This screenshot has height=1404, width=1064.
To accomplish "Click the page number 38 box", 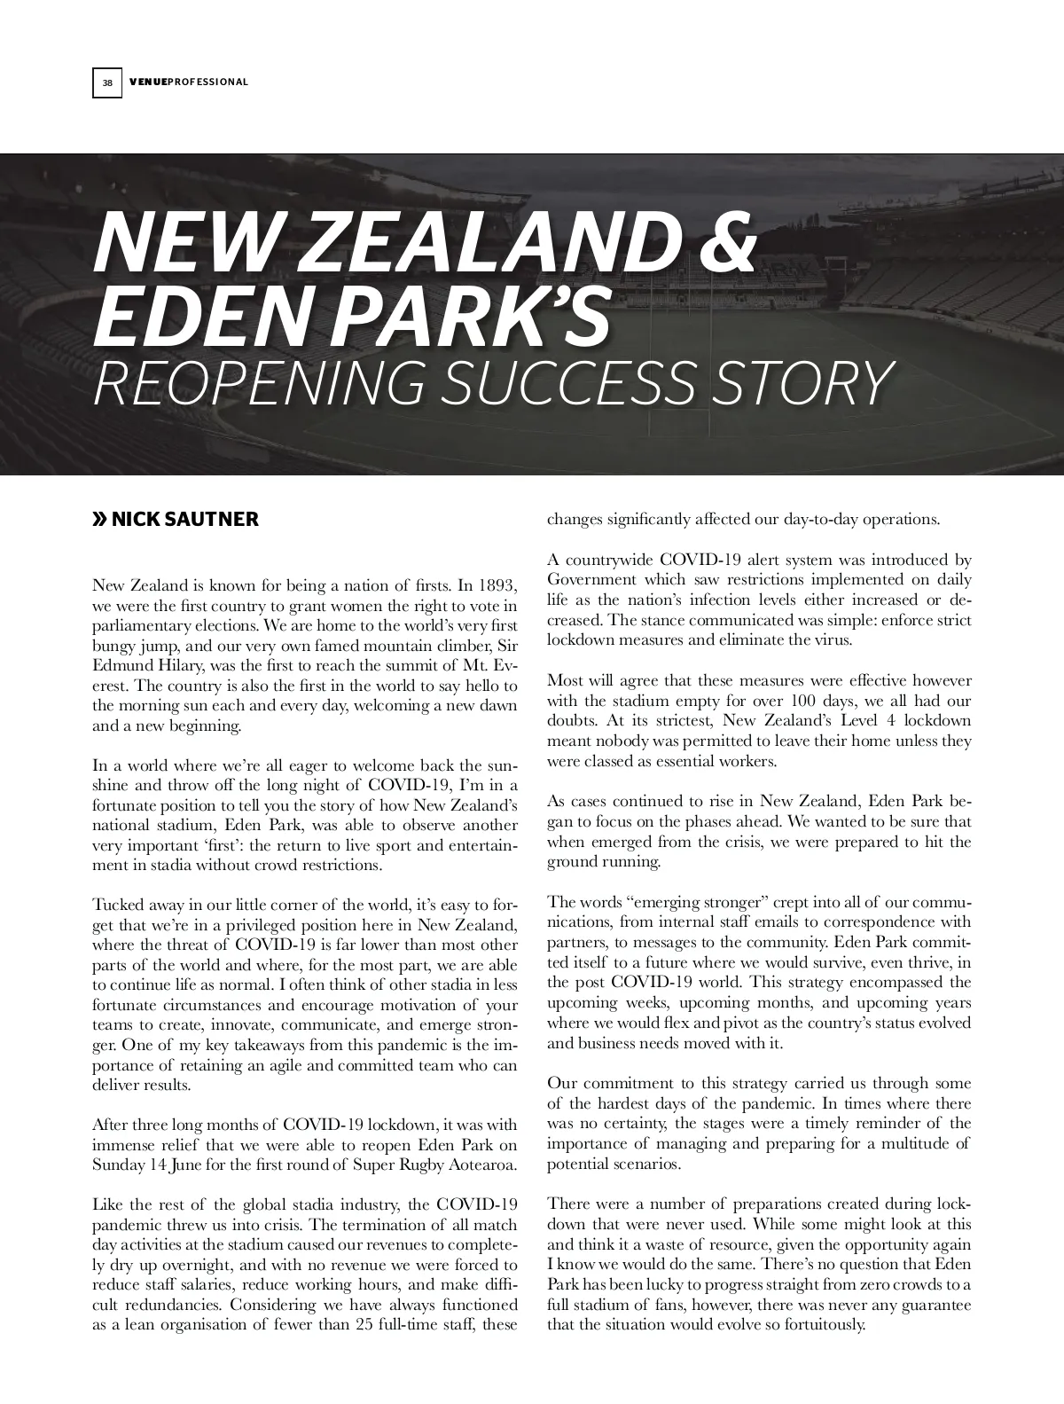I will pos(107,82).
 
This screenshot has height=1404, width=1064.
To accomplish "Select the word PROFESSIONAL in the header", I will pos(207,82).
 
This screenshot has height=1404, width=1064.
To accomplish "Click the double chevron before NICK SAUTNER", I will pos(100,519).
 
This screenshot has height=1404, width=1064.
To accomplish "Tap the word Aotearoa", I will pos(483,1164).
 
